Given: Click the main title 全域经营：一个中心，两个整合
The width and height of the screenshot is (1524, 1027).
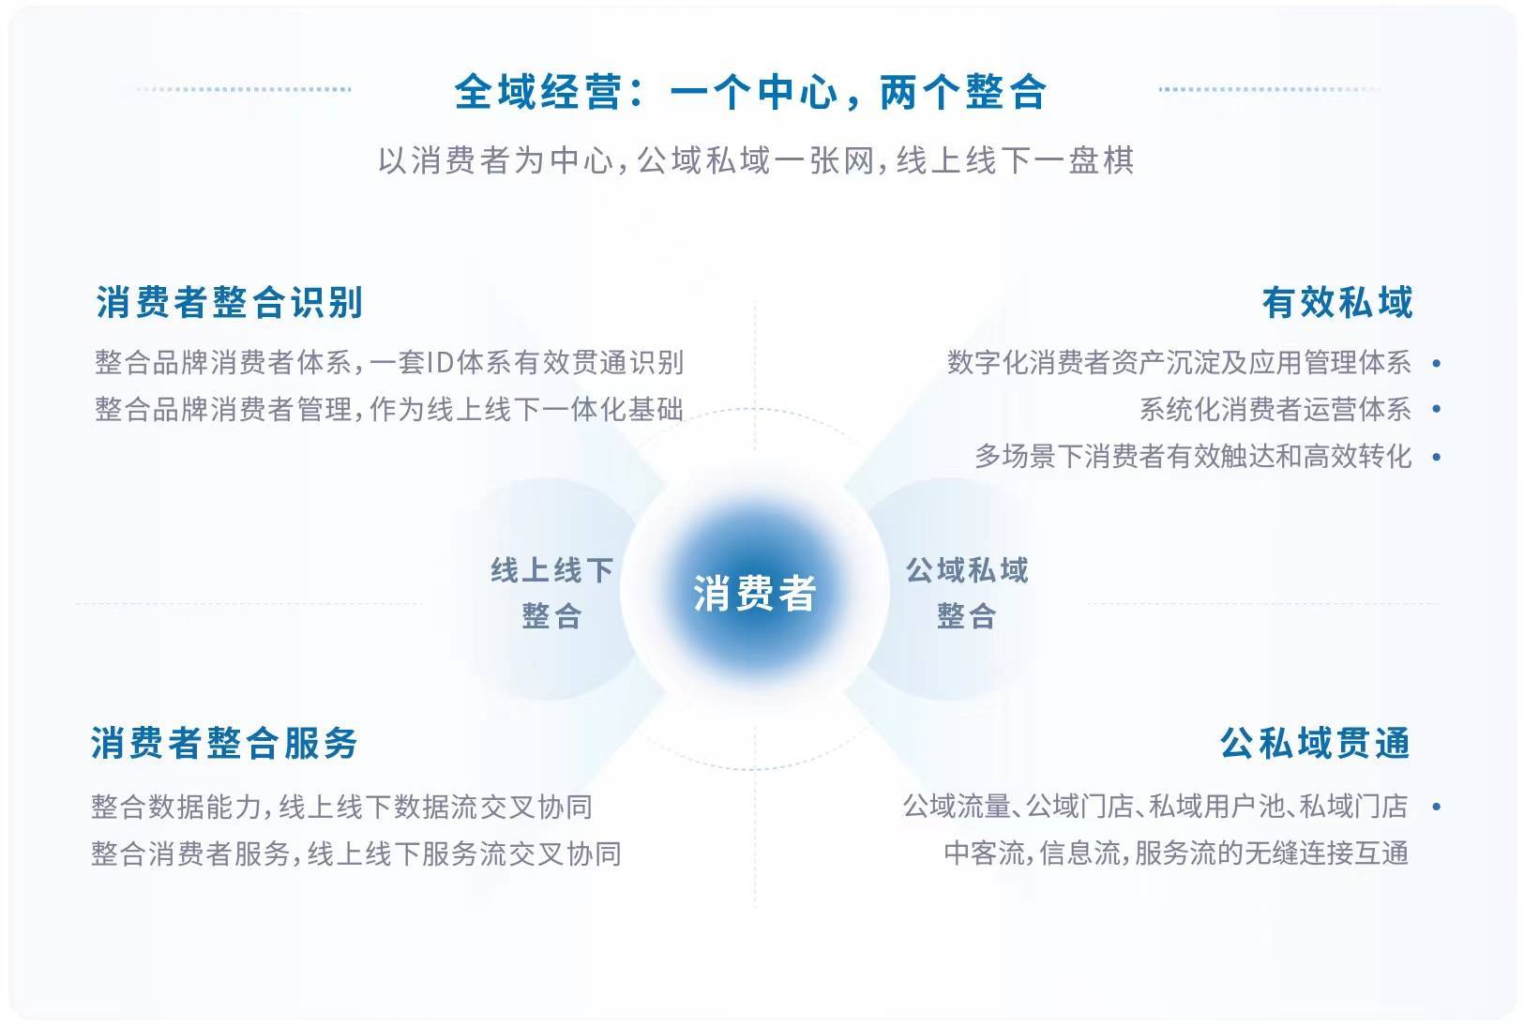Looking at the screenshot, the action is (x=749, y=92).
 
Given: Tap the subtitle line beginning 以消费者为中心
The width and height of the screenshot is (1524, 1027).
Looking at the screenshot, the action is (x=756, y=160).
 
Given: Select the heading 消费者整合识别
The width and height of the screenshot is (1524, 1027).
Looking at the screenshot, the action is (x=229, y=302).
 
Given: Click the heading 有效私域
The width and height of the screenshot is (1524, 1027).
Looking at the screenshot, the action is (x=1337, y=302).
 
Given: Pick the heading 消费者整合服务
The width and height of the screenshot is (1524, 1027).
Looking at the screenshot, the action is (x=224, y=743).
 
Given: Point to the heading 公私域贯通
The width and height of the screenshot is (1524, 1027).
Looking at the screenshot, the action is (x=1315, y=743).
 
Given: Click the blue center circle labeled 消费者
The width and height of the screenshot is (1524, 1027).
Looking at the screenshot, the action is (x=755, y=592).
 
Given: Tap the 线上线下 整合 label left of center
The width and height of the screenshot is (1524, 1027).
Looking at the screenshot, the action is (x=551, y=593).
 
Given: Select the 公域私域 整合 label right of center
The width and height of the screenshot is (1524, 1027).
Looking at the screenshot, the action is (x=966, y=593).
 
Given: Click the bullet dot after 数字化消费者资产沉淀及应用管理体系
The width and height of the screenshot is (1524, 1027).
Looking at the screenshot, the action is (x=1436, y=363).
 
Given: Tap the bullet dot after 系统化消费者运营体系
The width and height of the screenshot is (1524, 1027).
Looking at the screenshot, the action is (x=1436, y=409).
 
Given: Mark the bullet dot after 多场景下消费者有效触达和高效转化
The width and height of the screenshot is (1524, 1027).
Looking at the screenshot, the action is (x=1436, y=457).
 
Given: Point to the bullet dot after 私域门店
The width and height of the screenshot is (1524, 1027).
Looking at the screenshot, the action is (x=1436, y=807).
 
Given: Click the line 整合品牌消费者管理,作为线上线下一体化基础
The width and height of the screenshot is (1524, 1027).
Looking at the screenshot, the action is (x=388, y=409).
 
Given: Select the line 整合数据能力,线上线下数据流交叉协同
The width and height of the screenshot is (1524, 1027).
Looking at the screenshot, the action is (x=341, y=807).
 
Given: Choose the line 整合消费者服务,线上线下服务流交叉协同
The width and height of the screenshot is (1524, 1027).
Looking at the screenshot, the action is (x=355, y=853).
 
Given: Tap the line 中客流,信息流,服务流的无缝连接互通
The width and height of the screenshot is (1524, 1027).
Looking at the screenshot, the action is (x=1176, y=853).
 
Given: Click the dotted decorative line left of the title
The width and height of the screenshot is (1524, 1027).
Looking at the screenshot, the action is (x=244, y=89).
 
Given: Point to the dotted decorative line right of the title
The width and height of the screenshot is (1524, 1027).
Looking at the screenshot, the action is (x=1269, y=89).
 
